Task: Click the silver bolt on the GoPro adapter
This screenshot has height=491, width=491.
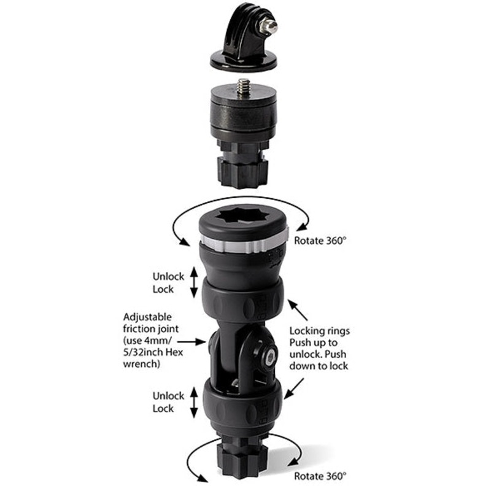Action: [269, 27]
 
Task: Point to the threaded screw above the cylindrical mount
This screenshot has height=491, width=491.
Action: [243, 86]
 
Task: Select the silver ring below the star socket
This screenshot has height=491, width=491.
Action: [244, 242]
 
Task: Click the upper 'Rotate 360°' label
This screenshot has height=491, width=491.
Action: [320, 241]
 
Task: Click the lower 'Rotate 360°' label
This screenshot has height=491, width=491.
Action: [320, 476]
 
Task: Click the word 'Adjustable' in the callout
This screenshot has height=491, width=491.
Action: [147, 317]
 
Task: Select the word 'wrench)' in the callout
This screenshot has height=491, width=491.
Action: [142, 364]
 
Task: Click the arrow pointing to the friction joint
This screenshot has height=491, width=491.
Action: [192, 341]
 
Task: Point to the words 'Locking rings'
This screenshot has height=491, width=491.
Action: [319, 331]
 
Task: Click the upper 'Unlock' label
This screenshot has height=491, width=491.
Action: [168, 277]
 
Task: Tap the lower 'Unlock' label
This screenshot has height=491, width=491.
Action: [168, 396]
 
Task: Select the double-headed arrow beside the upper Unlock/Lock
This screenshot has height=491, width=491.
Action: [194, 282]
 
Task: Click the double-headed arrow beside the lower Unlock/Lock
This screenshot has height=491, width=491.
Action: [194, 403]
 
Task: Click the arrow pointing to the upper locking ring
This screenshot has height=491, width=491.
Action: [298, 310]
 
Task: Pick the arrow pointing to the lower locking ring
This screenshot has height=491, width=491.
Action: [294, 389]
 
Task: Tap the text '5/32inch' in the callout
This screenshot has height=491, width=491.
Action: [142, 352]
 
